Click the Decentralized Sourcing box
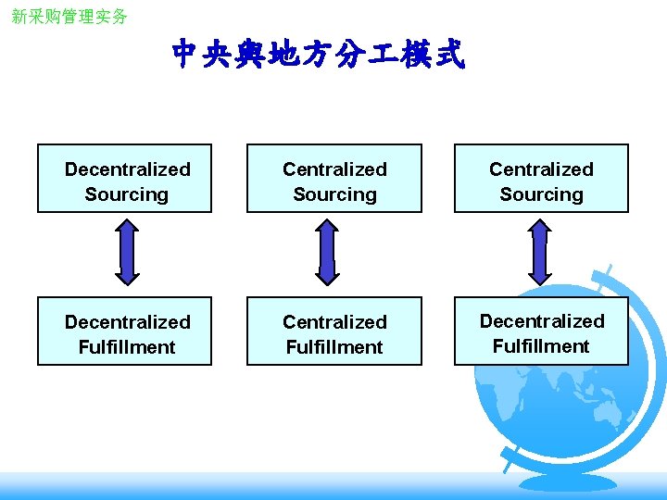[124, 179]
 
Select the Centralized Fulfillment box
[333, 331]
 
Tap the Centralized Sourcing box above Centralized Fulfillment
[333, 179]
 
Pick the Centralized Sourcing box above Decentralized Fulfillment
[541, 179]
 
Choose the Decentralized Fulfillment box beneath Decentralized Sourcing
[124, 331]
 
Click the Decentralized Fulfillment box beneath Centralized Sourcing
[541, 331]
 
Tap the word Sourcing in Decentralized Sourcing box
[127, 194]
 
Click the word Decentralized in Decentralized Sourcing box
[128, 169]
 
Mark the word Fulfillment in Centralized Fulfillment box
[334, 347]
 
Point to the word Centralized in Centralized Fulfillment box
[334, 322]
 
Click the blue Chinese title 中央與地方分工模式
[318, 56]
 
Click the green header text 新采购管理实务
[69, 17]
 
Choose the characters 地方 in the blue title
[289, 56]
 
